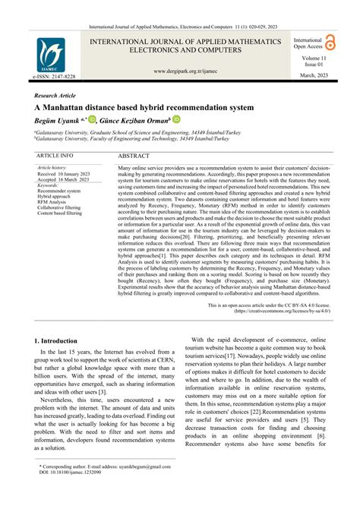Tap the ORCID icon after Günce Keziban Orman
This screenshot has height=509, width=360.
coord(176,119)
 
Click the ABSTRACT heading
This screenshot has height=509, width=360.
coord(134,155)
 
